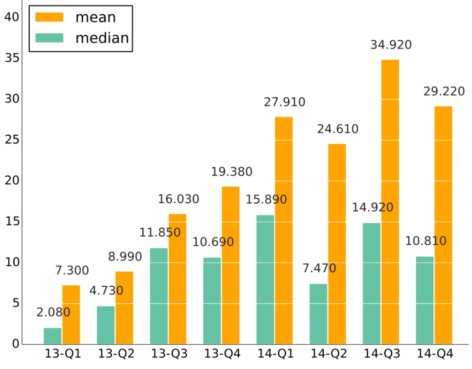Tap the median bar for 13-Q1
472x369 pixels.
[52, 336]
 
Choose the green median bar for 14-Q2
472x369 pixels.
[318, 314]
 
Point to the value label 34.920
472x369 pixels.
[391, 45]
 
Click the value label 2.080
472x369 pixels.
[53, 312]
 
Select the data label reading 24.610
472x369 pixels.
[338, 129]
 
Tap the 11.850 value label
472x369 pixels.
[160, 232]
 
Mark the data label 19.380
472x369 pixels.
[231, 172]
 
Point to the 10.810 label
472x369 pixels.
[425, 241]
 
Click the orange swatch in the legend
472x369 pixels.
[49, 17]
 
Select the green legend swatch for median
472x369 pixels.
[49, 37]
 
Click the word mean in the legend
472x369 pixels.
[95, 17]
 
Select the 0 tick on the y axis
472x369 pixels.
[15, 344]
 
